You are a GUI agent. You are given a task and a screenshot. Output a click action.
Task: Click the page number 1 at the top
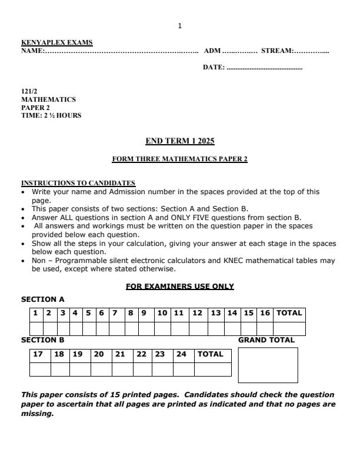coord(179,26)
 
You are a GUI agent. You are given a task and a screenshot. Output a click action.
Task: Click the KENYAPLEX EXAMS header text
coord(57,42)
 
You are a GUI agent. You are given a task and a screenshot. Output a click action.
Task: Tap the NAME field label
coord(33,51)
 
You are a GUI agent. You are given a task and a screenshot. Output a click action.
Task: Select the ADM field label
coord(212,51)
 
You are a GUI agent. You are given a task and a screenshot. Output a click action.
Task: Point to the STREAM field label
coord(278,51)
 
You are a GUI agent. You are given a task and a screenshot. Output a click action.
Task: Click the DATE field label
coord(214,68)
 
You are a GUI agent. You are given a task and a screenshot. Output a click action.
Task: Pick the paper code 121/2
coord(29,92)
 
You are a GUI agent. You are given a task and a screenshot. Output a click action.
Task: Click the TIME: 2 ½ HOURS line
coord(51,115)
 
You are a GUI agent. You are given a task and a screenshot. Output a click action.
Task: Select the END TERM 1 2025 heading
coord(180,141)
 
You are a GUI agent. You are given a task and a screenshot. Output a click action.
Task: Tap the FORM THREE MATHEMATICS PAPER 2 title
coord(180,159)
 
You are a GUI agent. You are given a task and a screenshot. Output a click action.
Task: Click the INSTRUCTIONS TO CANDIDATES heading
coord(78,183)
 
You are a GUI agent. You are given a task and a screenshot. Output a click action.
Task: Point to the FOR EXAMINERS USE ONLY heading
coord(180,287)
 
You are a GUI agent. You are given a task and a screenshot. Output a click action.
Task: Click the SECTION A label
coord(43,299)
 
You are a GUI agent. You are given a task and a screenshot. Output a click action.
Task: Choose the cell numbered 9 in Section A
coord(144,314)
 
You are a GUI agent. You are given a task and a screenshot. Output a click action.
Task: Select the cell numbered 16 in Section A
coord(265,314)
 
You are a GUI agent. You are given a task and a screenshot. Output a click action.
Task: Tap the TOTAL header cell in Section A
coord(289,314)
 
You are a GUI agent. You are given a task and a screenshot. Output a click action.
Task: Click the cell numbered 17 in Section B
coord(39,355)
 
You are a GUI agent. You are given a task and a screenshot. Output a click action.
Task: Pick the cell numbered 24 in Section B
coord(182,355)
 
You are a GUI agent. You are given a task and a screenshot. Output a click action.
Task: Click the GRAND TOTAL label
coord(266,340)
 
